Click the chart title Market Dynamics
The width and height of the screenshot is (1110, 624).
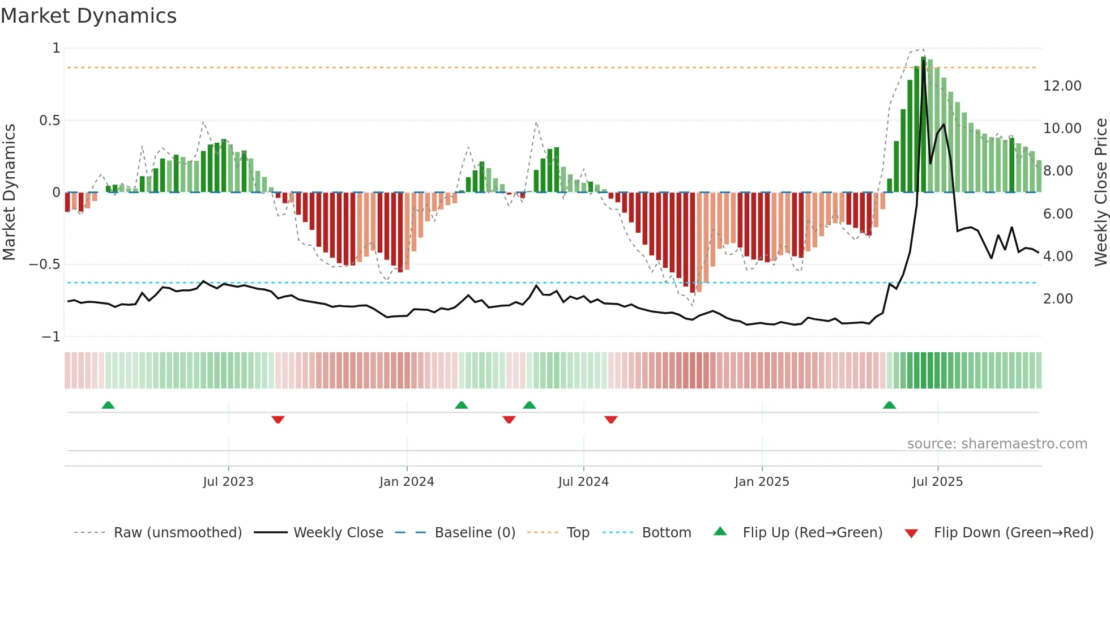[x=89, y=16]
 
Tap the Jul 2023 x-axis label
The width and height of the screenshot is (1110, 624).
[x=228, y=482]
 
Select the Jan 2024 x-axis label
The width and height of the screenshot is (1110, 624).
[x=407, y=482]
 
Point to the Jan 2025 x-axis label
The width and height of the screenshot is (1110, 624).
[x=762, y=482]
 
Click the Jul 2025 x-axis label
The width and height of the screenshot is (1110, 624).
[x=937, y=482]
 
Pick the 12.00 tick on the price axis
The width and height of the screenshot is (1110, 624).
[x=1062, y=86]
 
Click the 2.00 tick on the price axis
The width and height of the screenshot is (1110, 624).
[x=1058, y=299]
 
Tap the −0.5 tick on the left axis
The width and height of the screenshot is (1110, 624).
[x=45, y=264]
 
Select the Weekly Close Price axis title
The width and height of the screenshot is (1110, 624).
[x=1100, y=193]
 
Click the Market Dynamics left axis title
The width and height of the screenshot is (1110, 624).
[x=9, y=193]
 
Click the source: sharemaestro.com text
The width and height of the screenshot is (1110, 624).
[x=997, y=444]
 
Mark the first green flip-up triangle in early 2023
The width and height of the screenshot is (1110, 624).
[x=108, y=405]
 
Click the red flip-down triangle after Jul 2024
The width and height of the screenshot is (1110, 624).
[x=610, y=420]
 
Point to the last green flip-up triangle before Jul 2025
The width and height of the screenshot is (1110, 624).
[x=889, y=405]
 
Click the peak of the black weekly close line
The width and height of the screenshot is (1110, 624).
[x=924, y=61]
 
